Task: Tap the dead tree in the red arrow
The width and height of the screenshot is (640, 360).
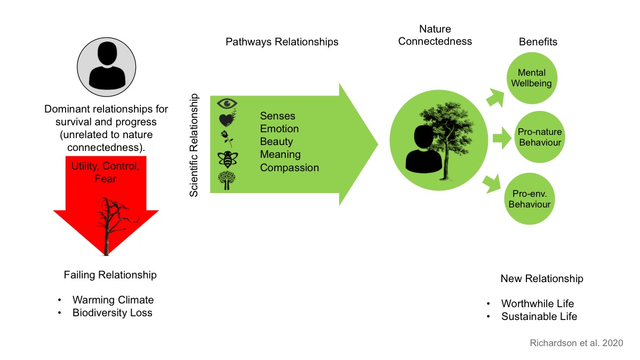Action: click(x=108, y=224)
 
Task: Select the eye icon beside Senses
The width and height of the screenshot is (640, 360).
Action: click(x=227, y=103)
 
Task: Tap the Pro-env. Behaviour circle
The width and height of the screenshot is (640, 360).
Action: click(x=530, y=198)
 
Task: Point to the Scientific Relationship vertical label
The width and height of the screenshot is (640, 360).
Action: click(x=194, y=145)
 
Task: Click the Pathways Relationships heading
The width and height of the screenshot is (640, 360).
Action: click(x=282, y=42)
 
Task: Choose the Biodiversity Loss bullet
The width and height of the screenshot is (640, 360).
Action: click(x=113, y=313)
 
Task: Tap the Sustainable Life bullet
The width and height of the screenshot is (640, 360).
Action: click(x=539, y=316)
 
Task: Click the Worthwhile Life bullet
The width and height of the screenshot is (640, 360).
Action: click(x=538, y=303)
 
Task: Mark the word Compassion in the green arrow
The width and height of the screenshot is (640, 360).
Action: click(x=290, y=167)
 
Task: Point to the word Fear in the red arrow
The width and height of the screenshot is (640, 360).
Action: click(x=106, y=179)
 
